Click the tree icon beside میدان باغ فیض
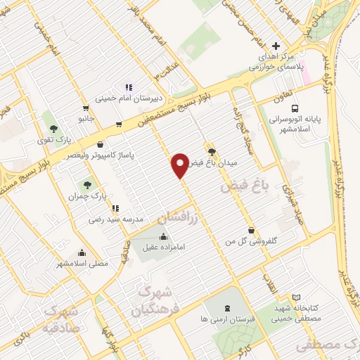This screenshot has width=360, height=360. point(212,150)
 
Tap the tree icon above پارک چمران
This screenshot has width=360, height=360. point(87,186)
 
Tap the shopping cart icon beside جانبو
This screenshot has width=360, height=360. point(86,109)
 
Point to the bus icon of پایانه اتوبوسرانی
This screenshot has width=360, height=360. point(295,108)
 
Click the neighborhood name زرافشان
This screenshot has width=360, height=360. point(176,216)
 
